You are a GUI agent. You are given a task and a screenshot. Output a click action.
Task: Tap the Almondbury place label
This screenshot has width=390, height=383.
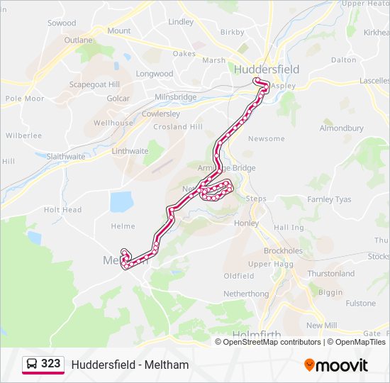click(x=341, y=128)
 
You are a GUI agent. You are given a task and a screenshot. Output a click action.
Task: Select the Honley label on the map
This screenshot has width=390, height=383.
click(x=246, y=223)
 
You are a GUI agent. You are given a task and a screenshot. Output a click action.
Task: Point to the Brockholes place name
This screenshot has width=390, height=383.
click(x=283, y=251)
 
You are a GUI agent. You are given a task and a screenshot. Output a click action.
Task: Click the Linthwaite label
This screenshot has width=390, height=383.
click(x=130, y=151)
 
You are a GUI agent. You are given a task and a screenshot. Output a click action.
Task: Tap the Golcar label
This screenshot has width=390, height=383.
click(x=118, y=99)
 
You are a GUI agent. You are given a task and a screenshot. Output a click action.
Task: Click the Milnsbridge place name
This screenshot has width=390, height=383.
click(x=176, y=96)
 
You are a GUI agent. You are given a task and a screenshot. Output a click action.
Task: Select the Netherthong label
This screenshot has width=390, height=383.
click(x=246, y=294)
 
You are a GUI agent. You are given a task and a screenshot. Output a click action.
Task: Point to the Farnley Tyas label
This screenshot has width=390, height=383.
click(x=329, y=199)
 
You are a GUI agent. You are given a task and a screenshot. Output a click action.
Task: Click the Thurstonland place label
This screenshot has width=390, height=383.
click(x=330, y=273)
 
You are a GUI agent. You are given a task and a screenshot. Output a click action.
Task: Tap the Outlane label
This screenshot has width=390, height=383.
click(x=78, y=40)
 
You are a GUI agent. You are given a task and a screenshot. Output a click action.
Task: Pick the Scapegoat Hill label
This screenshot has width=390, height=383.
click(x=94, y=84)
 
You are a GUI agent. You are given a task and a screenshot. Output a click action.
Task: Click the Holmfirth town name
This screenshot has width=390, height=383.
click(x=256, y=334)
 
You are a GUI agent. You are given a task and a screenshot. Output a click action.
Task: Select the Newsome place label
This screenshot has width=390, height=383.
click(x=267, y=138)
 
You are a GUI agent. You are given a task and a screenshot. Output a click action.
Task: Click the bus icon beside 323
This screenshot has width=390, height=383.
click(x=32, y=364)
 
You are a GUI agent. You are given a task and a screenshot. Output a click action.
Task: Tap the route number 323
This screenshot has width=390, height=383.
click(x=50, y=364)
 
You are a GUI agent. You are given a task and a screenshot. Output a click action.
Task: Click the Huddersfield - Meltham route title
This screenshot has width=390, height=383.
click(x=130, y=365)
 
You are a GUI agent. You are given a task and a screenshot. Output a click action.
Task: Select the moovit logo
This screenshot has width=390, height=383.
click(x=336, y=365)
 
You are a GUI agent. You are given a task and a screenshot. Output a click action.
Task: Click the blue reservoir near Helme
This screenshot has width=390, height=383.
click(x=121, y=201)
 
